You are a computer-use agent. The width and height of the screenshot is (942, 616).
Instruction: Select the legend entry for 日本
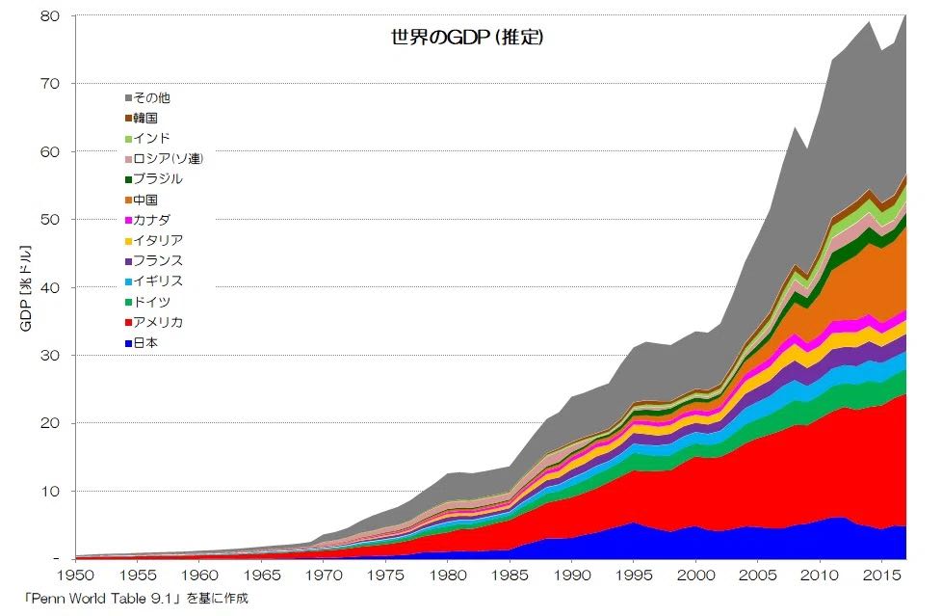pyautogui.click(x=146, y=342)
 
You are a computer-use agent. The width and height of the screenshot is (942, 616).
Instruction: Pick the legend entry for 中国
pyautogui.click(x=146, y=200)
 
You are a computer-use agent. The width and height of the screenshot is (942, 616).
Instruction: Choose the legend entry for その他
pyautogui.click(x=152, y=97)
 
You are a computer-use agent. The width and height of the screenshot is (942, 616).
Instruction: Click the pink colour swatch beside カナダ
pyautogui.click(x=128, y=221)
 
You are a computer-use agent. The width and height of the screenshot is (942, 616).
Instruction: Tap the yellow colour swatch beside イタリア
pyautogui.click(x=128, y=241)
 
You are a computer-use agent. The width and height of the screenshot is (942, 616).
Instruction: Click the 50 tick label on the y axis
pyautogui.click(x=51, y=220)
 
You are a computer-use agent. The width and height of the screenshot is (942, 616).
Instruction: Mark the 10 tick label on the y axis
pyautogui.click(x=51, y=491)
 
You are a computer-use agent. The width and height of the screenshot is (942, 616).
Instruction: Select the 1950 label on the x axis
pyautogui.click(x=75, y=576)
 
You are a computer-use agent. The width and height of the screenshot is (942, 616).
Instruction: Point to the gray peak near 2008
pyautogui.click(x=794, y=128)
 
